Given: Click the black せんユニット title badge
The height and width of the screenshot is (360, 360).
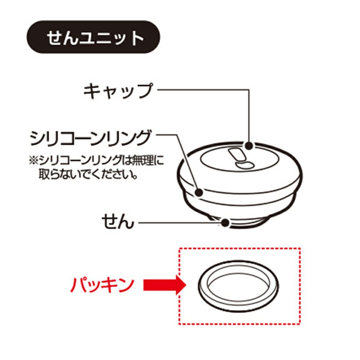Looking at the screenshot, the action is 94,37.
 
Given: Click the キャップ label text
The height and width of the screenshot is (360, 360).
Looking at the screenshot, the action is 118,91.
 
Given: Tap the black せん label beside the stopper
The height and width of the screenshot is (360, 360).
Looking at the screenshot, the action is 118,221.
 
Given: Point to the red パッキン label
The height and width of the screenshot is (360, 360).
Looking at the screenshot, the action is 102,284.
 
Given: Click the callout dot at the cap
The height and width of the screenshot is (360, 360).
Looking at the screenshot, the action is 249,146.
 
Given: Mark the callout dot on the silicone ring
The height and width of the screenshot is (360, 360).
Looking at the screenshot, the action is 199,192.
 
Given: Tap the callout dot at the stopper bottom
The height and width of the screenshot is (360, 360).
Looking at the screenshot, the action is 225,222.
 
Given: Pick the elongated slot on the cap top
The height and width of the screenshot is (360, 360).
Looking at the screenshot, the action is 237,155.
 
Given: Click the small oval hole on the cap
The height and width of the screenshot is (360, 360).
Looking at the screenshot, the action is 244,165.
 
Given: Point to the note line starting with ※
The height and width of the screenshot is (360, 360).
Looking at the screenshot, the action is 96,160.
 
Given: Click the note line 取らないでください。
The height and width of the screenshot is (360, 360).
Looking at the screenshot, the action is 88,174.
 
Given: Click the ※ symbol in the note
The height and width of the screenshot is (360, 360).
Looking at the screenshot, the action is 33,160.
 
